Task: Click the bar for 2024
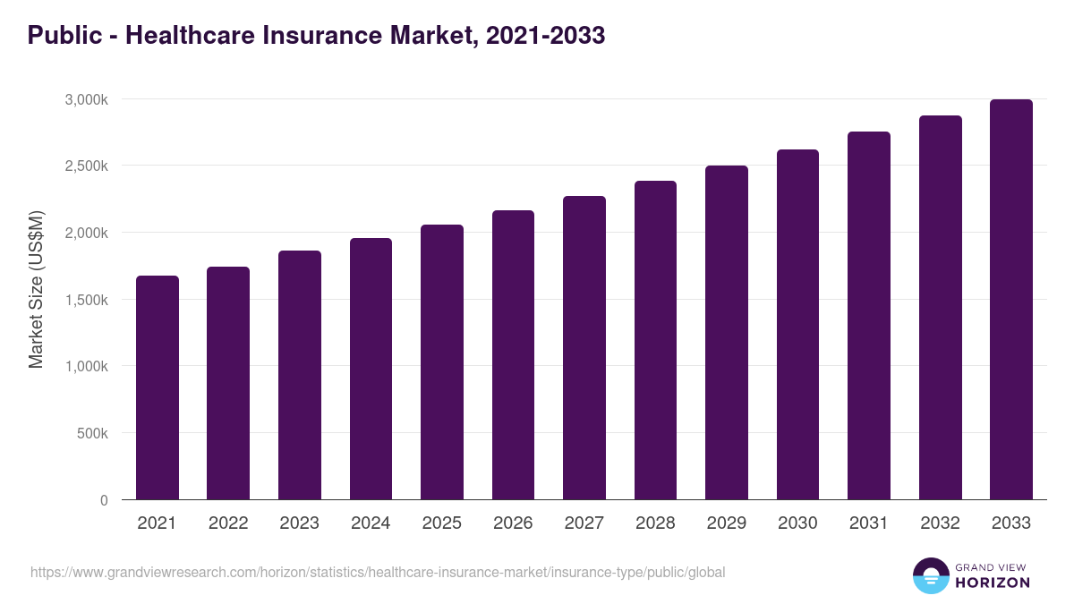click(371, 369)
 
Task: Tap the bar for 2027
click(584, 348)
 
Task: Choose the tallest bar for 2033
click(1011, 300)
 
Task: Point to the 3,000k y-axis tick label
click(86, 99)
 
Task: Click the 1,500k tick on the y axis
click(86, 300)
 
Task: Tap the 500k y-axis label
click(91, 433)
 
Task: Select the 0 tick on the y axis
click(104, 500)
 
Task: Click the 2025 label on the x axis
click(442, 523)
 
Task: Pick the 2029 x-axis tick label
click(727, 523)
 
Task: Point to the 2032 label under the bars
click(940, 523)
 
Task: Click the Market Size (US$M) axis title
click(36, 289)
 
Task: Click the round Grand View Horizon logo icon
click(930, 575)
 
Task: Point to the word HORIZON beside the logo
click(993, 583)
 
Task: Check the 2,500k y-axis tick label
click(86, 166)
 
